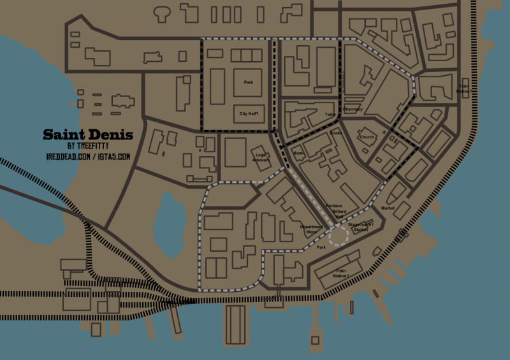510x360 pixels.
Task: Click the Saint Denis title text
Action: tap(88, 135)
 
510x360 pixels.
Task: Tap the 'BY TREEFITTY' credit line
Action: tap(88, 146)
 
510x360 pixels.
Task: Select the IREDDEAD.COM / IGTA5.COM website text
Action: tap(88, 156)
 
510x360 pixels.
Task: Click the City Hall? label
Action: tap(248, 114)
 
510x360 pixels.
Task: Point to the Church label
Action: tap(367, 137)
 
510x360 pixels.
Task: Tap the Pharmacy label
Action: tap(353, 110)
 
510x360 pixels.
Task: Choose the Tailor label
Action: tap(330, 115)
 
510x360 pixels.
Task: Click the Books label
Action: tap(336, 133)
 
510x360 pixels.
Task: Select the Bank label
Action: tap(299, 154)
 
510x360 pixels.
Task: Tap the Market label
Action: tap(388, 208)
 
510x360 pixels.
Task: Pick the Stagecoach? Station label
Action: tap(361, 227)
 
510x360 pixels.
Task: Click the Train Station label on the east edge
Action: tap(463, 89)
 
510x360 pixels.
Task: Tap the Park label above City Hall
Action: tap(249, 82)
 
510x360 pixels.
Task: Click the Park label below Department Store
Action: tap(321, 247)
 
